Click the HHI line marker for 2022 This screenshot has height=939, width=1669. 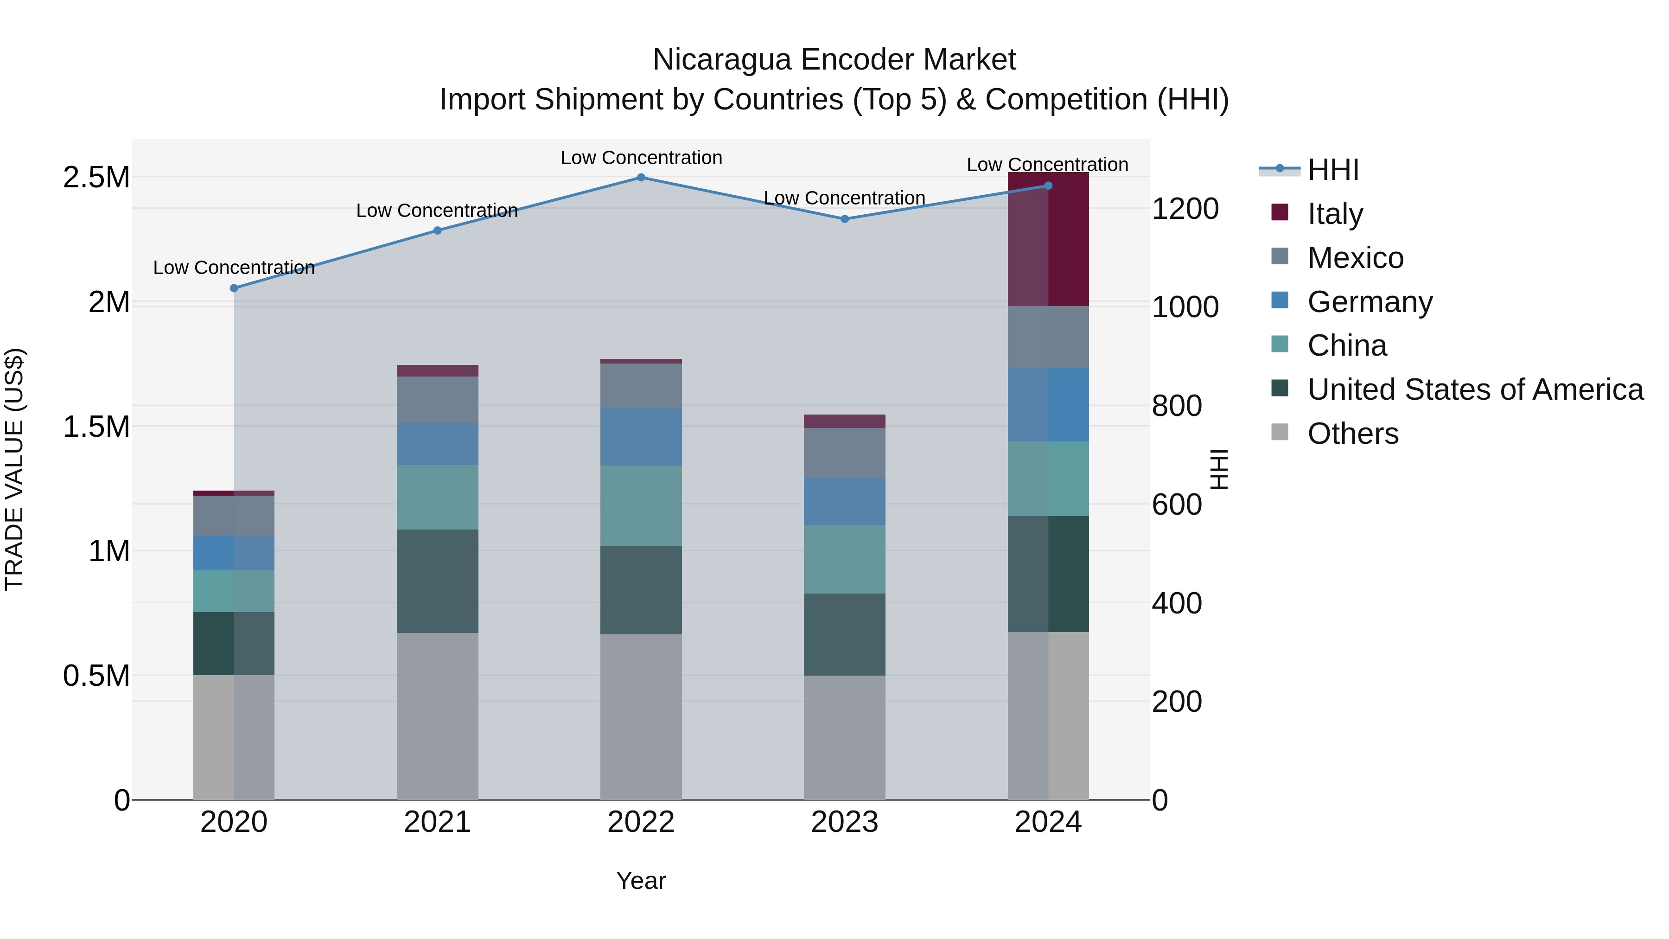pos(641,178)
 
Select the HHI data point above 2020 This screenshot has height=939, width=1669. pos(234,288)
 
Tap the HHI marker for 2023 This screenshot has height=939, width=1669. pos(844,219)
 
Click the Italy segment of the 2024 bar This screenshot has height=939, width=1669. pos(1048,240)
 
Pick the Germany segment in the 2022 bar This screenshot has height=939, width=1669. pos(641,437)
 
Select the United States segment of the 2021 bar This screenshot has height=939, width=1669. pos(437,581)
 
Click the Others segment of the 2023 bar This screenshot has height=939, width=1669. pos(844,737)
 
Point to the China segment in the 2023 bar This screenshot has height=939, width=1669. pos(844,559)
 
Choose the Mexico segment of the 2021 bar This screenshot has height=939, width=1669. pos(437,400)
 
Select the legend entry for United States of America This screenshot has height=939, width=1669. pos(1475,390)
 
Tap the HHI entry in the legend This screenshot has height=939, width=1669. pos(1333,170)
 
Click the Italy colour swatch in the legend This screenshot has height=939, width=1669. pos(1280,212)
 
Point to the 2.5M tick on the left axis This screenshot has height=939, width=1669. pos(96,178)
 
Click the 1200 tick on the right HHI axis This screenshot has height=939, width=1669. pos(1185,209)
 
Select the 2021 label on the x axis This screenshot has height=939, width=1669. pos(437,822)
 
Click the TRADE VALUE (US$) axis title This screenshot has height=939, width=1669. pos(14,469)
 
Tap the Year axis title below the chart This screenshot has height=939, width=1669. pos(641,881)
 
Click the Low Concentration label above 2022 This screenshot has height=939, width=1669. pos(641,158)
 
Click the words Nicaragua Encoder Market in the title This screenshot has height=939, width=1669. pos(834,60)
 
